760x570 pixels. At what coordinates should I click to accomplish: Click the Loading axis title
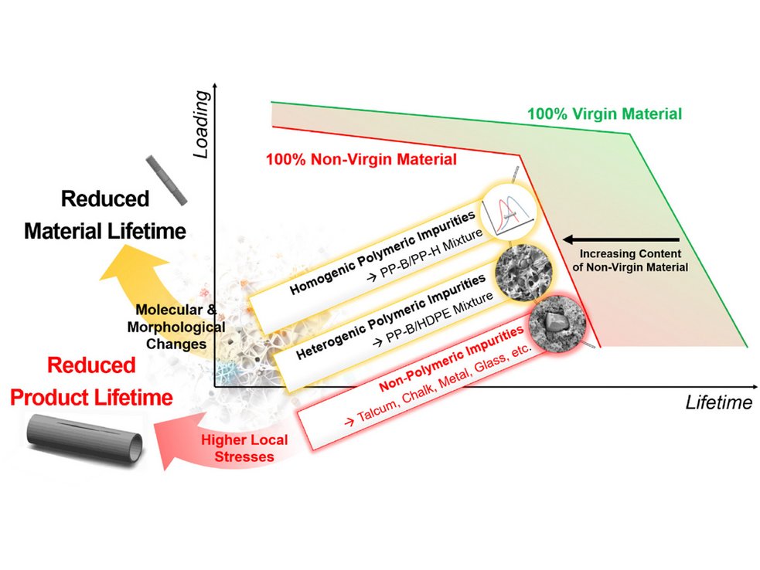coord(203,124)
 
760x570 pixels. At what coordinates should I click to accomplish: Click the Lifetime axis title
coord(718,402)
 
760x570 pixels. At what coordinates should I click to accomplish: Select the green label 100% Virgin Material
coord(604,114)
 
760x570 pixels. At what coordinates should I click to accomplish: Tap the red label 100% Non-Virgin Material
coord(360,161)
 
